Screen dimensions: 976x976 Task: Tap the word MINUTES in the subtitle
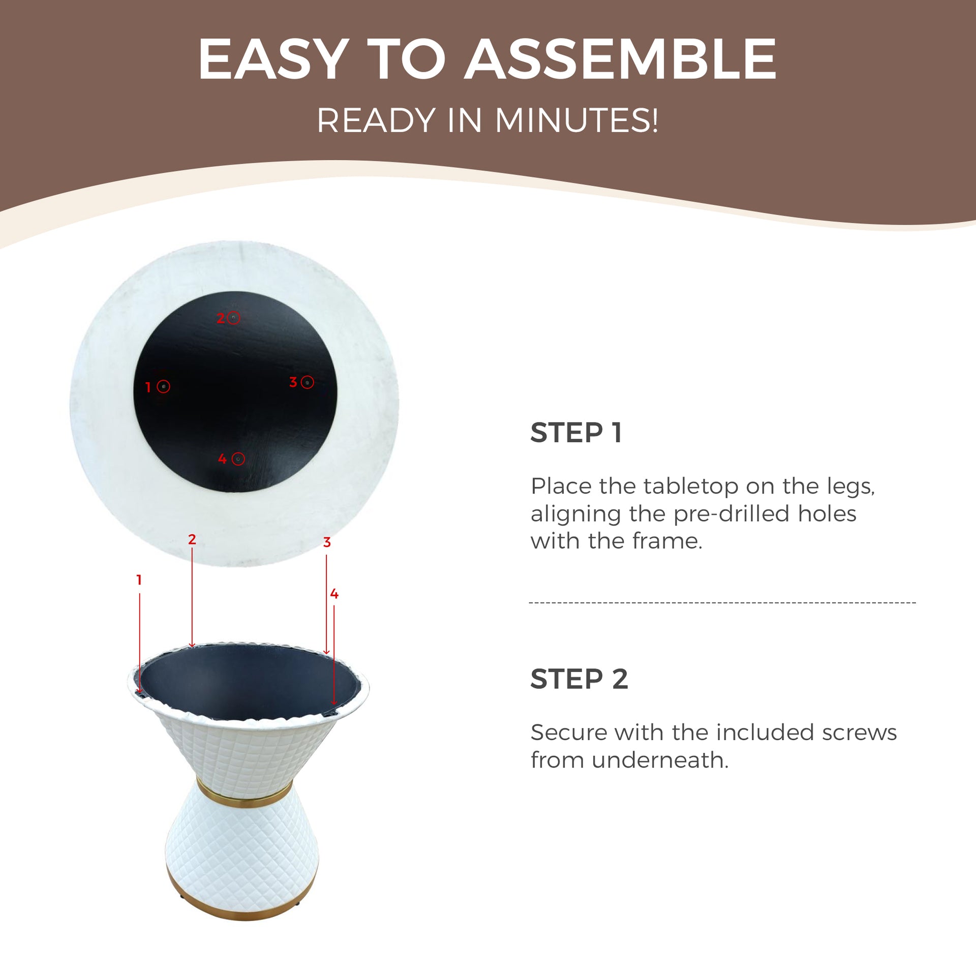click(576, 120)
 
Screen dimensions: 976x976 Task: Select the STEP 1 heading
click(576, 433)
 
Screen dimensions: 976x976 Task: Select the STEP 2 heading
click(579, 679)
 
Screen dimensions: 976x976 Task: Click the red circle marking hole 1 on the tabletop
click(163, 386)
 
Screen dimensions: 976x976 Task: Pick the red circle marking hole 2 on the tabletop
click(233, 318)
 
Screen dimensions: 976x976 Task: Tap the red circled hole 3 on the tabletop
click(307, 382)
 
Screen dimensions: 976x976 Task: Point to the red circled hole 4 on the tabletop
click(238, 459)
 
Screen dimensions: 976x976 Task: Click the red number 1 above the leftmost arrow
click(139, 579)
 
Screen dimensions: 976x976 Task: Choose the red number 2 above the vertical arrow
click(192, 539)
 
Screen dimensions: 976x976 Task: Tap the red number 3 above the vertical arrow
click(327, 542)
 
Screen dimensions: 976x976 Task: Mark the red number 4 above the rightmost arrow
click(334, 594)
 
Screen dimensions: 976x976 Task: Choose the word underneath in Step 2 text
click(660, 760)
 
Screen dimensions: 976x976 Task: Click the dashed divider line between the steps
click(722, 603)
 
